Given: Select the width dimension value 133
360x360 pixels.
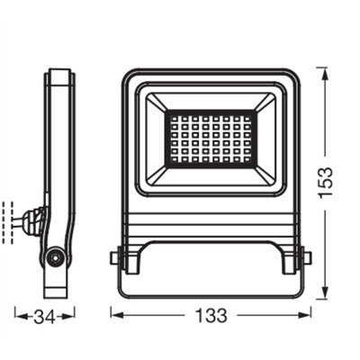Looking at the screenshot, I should tap(211, 316).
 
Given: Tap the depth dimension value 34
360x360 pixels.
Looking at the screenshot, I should tap(43, 316).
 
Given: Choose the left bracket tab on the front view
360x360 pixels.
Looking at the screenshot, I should tap(115, 257).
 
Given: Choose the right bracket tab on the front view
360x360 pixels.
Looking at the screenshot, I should tap(306, 257).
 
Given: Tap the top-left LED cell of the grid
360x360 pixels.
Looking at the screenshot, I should tap(171, 117).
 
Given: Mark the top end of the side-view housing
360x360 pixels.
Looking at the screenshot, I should tap(59, 73).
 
